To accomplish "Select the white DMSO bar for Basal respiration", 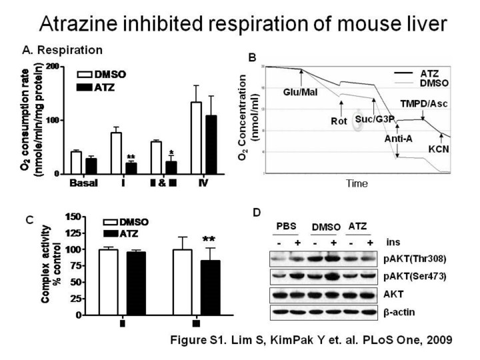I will (76, 163).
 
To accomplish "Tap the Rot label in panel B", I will (339, 121).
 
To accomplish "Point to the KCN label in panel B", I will (438, 148).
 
